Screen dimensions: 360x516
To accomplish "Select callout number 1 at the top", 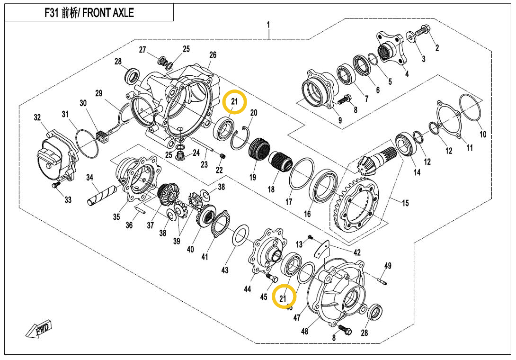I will click(268, 24).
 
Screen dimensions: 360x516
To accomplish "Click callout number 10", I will click(482, 135).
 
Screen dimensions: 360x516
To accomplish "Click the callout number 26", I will click(213, 55).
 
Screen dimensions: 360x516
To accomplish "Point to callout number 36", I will click(129, 225).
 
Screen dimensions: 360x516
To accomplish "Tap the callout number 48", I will click(304, 331).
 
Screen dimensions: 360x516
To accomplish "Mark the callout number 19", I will click(253, 178).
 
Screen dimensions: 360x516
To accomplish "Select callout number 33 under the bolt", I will click(68, 200).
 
